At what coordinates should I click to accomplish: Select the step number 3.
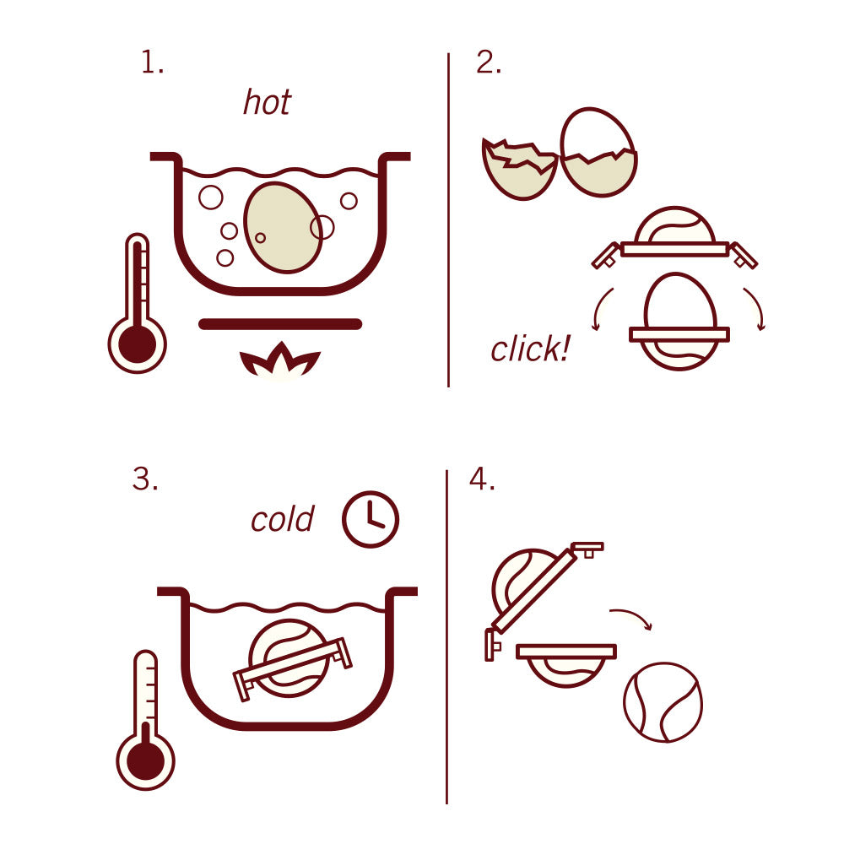point(144,479)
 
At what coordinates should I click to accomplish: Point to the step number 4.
point(481,479)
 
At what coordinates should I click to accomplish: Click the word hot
point(267,102)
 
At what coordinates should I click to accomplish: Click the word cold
point(282,519)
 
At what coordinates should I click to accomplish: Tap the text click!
point(529,349)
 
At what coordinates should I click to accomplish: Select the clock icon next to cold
point(370,518)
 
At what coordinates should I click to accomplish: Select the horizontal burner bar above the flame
point(280,324)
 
